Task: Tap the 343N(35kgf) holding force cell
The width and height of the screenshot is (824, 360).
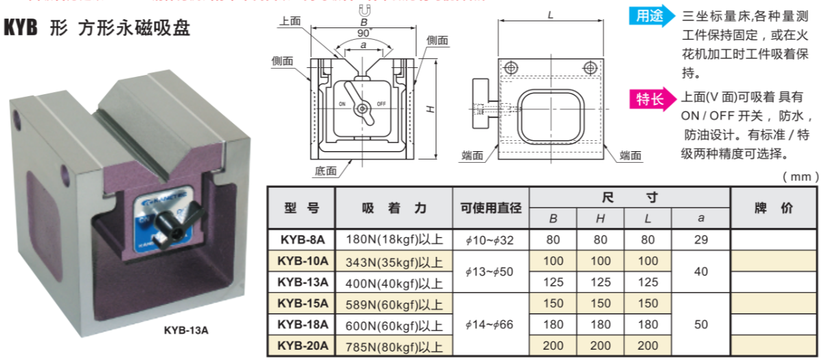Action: [x=393, y=261]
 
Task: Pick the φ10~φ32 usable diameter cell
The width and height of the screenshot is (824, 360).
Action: [x=490, y=240]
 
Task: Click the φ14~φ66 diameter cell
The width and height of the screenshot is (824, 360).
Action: [x=490, y=324]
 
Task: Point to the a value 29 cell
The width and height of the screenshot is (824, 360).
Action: [x=700, y=240]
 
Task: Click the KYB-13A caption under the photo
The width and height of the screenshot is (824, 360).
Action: [x=186, y=330]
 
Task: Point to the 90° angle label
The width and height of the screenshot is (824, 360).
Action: [x=364, y=32]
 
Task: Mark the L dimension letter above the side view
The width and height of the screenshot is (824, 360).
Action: [x=551, y=14]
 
